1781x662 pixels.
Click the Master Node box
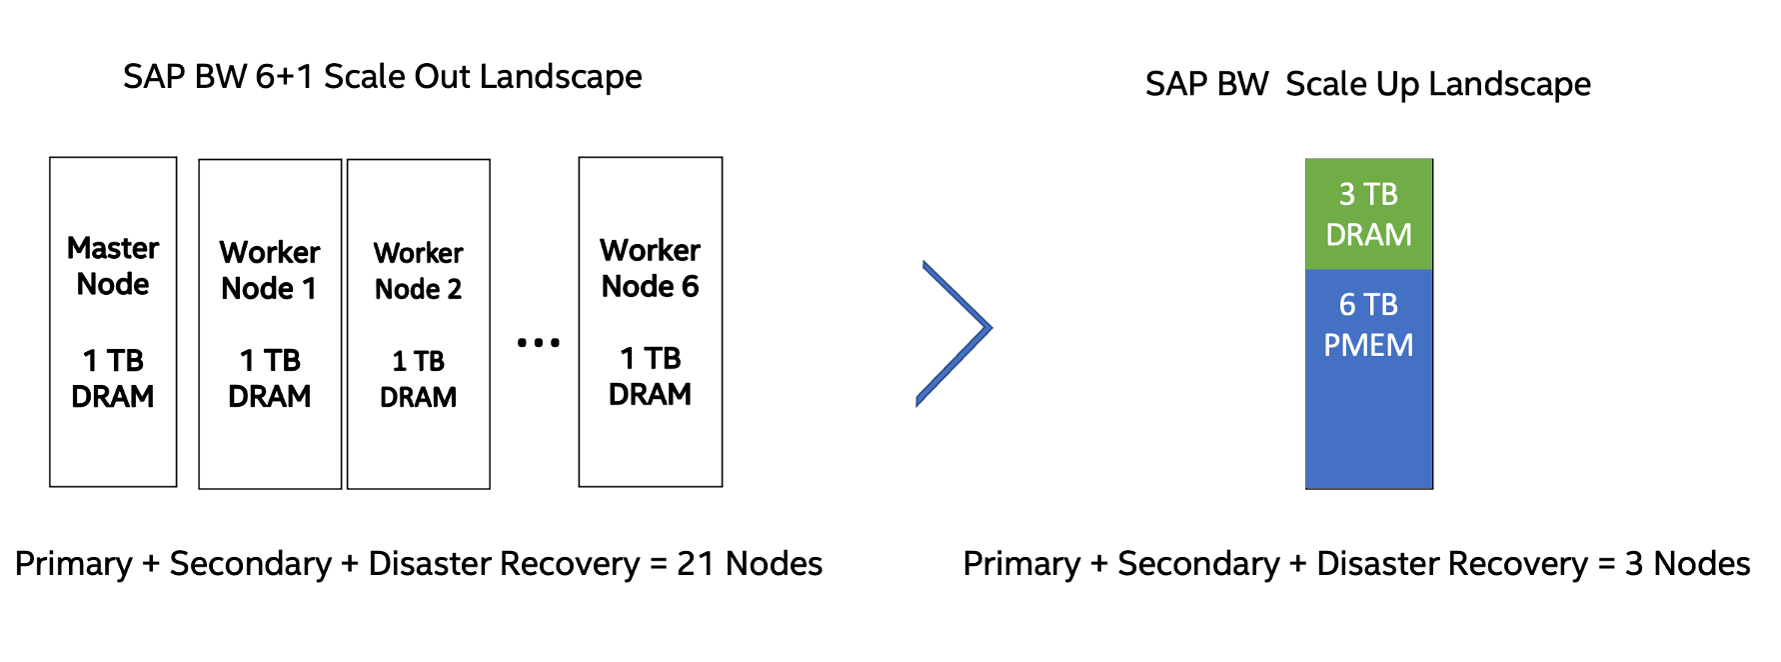pyautogui.click(x=113, y=322)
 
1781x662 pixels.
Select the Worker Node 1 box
pyautogui.click(x=270, y=324)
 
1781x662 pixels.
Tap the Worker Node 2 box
pyautogui.click(x=418, y=324)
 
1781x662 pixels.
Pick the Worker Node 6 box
pyautogui.click(x=650, y=322)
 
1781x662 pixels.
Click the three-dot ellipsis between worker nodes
pyautogui.click(x=538, y=343)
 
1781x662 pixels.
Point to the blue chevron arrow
pyautogui.click(x=955, y=330)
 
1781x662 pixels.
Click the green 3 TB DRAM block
pyautogui.click(x=1368, y=214)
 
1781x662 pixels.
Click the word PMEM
pyautogui.click(x=1368, y=346)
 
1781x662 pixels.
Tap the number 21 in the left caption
pyautogui.click(x=696, y=564)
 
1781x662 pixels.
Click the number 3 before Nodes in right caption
pyautogui.click(x=1634, y=564)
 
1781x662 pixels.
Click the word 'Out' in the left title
pyautogui.click(x=439, y=77)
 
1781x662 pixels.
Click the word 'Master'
pyautogui.click(x=113, y=248)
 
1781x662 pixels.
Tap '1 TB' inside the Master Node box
pyautogui.click(x=113, y=360)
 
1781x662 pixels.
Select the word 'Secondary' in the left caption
pyautogui.click(x=250, y=564)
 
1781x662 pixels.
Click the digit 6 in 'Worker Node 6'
pyautogui.click(x=689, y=287)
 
